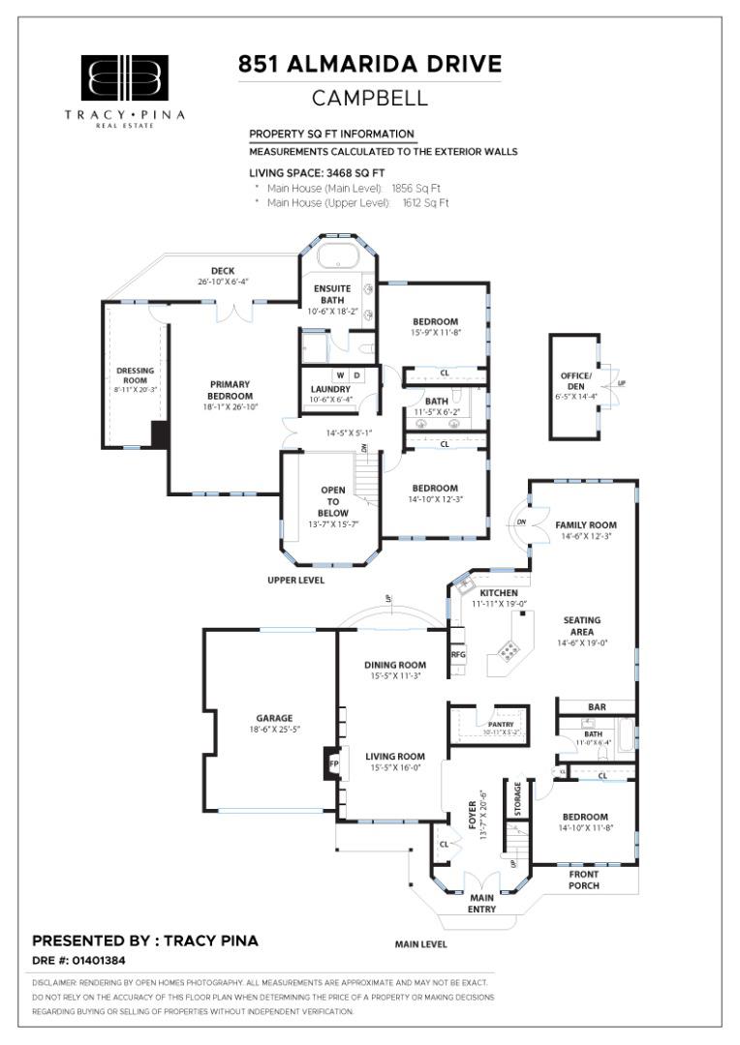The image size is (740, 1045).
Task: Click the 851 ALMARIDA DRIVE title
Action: point(370,65)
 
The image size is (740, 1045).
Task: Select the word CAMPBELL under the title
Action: point(370,99)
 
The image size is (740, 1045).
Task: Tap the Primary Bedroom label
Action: point(231,390)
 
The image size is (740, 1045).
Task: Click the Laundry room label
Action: point(331,390)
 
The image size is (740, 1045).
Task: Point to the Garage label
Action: point(274,718)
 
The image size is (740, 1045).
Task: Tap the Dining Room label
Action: point(395,665)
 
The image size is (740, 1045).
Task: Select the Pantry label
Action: point(501,725)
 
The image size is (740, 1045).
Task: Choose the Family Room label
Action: point(586,525)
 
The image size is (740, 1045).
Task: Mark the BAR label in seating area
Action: point(597,707)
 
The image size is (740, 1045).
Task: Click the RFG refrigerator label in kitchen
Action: point(459,654)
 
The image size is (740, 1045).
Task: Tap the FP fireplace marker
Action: point(332,763)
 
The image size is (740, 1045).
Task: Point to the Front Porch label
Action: point(583,880)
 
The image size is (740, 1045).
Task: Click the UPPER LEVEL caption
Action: point(295,581)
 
